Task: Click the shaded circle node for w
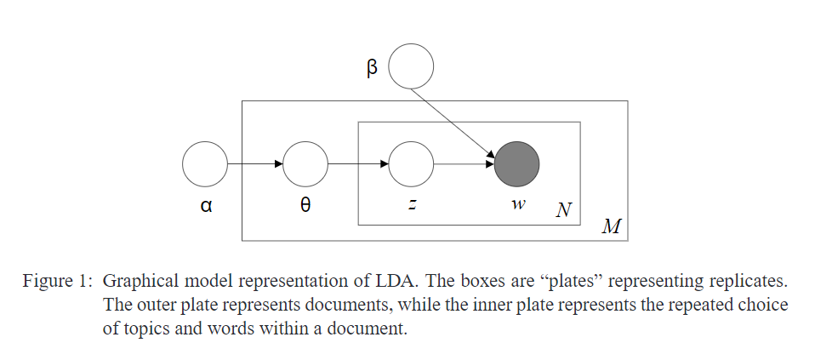(517, 163)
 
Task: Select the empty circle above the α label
(205, 163)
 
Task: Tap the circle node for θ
(305, 163)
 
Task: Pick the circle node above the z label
(412, 163)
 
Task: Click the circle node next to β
(411, 66)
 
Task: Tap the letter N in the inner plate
(562, 209)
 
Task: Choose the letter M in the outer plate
(610, 226)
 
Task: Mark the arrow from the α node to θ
(254, 163)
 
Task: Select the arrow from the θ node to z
(358, 163)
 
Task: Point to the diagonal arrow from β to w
(459, 120)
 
